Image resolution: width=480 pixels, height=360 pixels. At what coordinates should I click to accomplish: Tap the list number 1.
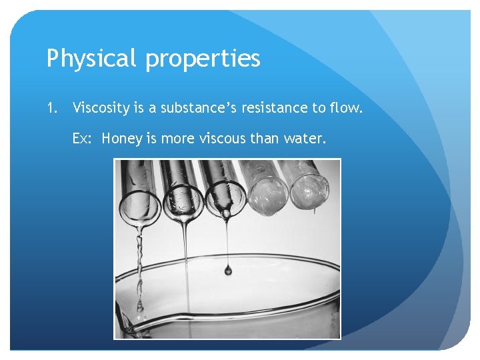[51, 107]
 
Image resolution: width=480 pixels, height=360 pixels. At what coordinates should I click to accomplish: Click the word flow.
[347, 107]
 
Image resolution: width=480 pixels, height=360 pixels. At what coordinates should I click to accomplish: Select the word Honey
[123, 139]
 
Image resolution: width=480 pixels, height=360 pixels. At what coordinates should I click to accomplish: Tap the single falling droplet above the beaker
[228, 270]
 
